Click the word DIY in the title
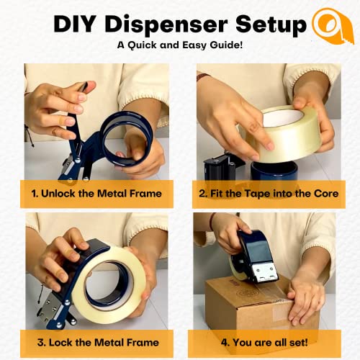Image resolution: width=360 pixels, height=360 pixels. (x=76, y=24)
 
